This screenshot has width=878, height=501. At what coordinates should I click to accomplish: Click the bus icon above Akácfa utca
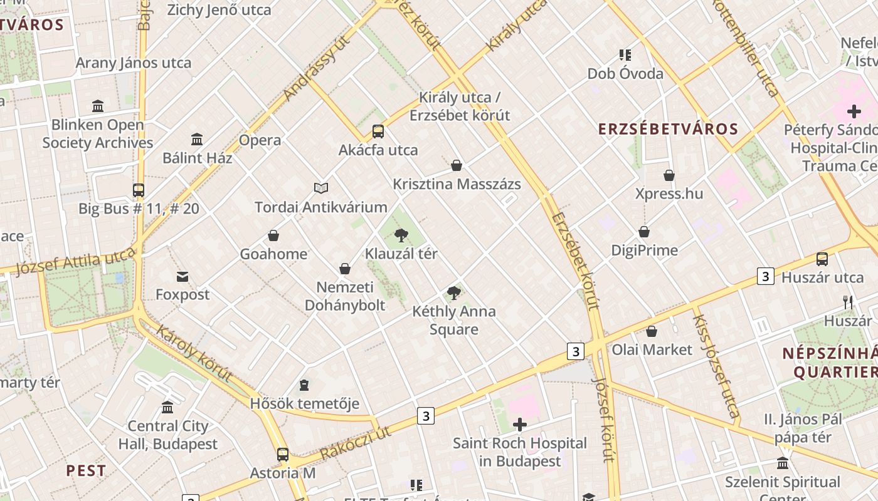[x=378, y=132]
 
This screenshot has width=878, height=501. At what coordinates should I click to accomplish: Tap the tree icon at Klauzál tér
[x=401, y=235]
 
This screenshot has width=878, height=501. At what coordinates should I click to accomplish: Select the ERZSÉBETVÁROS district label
[x=668, y=129]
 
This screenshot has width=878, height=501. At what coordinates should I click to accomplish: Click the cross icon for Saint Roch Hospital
[x=519, y=425]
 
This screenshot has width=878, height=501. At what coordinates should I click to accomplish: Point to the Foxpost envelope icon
[x=182, y=276]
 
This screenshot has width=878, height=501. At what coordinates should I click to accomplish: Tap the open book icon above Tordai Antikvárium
[x=321, y=188]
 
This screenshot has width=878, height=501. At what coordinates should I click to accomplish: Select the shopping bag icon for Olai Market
[x=652, y=331]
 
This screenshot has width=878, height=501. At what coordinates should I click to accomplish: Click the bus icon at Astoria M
[x=283, y=454]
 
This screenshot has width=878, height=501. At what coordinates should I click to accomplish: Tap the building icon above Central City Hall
[x=167, y=408]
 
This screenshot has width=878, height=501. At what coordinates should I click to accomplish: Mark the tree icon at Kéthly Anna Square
[x=454, y=292]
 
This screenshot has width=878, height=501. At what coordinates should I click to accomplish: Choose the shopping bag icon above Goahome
[x=273, y=235]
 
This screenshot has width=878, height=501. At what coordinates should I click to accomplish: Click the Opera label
[x=260, y=140]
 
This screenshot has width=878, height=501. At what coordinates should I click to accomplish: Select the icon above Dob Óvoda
[x=625, y=55]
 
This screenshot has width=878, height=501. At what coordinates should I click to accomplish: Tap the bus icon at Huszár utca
[x=822, y=259]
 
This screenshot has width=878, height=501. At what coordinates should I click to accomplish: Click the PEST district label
[x=86, y=470]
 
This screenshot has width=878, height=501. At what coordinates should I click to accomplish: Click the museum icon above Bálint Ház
[x=197, y=139]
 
